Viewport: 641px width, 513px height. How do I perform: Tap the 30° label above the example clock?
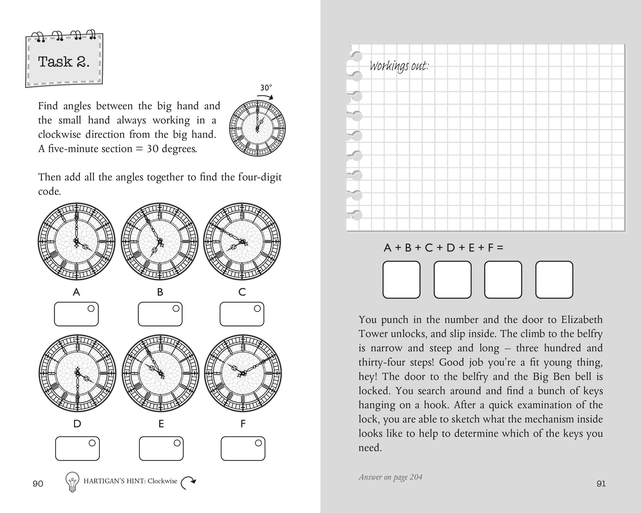tap(266, 88)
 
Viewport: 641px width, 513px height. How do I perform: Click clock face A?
tap(76, 242)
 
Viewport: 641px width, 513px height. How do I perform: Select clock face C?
tap(242, 242)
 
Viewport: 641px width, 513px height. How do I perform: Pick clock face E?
tap(161, 373)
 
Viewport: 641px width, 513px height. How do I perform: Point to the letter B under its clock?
tap(160, 292)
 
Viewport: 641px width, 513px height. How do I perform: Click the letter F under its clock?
tap(243, 423)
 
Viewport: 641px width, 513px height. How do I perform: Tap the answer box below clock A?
tap(76, 314)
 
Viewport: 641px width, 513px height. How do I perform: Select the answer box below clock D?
tap(77, 448)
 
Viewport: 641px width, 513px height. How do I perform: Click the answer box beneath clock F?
tap(243, 448)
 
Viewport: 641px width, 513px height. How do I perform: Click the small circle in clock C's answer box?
tap(257, 309)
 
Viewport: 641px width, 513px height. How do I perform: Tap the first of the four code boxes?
tap(401, 279)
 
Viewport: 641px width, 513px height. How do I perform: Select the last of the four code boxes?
tap(554, 279)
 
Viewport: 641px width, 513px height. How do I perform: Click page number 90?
tap(38, 484)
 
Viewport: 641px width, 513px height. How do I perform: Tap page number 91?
tap(601, 484)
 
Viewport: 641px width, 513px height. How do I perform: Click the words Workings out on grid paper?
tap(399, 66)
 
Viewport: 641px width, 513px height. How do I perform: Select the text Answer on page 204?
tap(390, 477)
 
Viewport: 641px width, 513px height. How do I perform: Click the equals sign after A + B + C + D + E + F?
tap(500, 247)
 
